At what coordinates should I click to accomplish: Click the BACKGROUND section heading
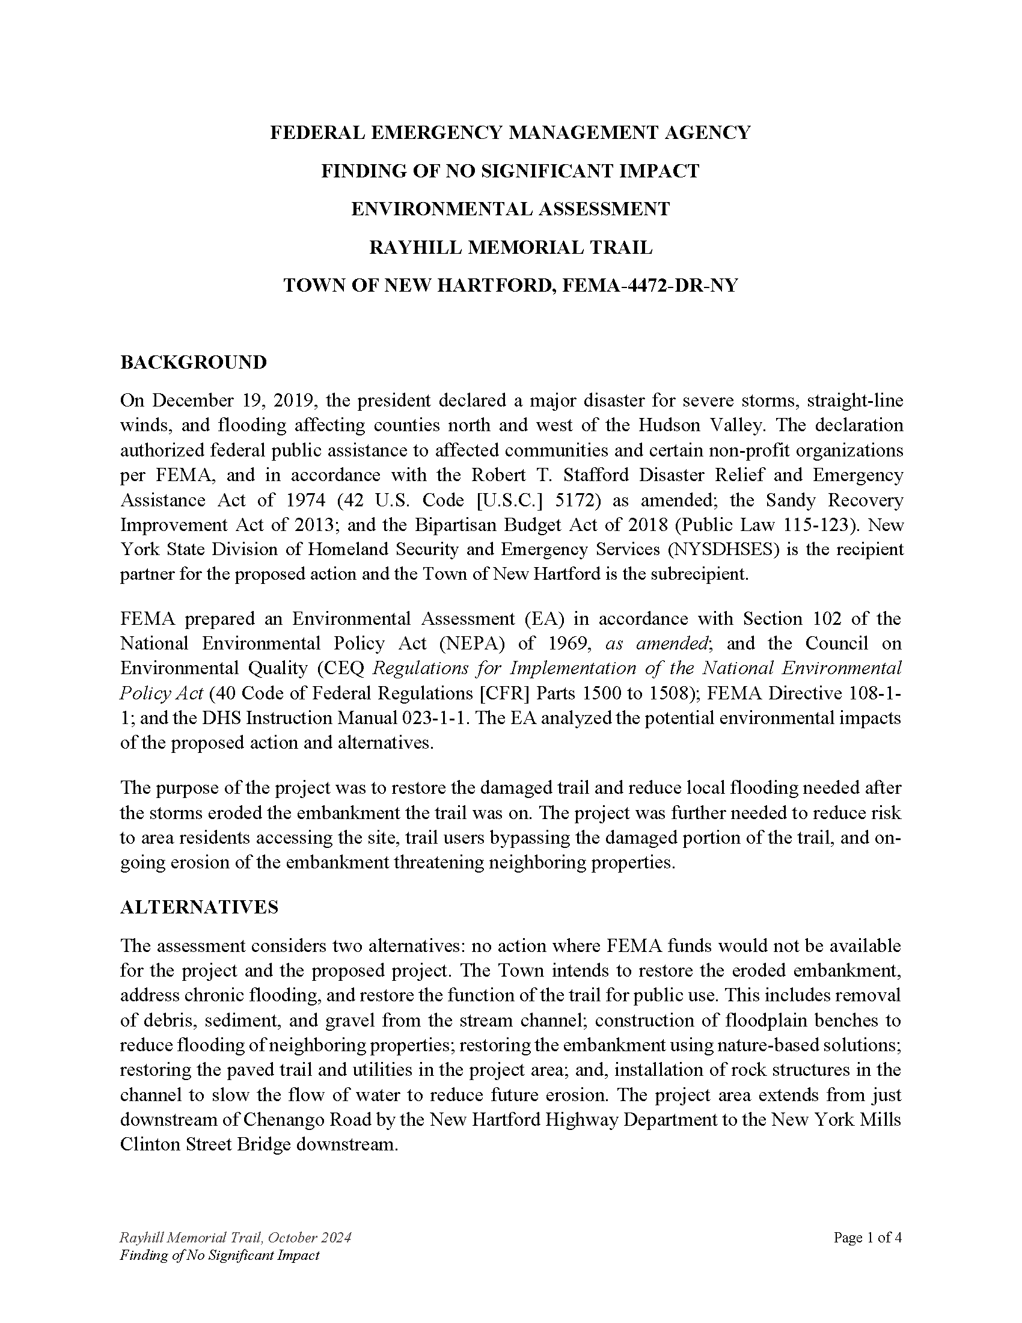(x=193, y=362)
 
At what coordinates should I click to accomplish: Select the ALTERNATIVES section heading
(x=199, y=907)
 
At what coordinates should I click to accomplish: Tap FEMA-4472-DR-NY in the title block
(x=650, y=285)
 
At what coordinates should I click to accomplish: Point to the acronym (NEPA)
(x=472, y=643)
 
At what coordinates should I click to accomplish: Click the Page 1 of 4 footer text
(x=867, y=1238)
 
